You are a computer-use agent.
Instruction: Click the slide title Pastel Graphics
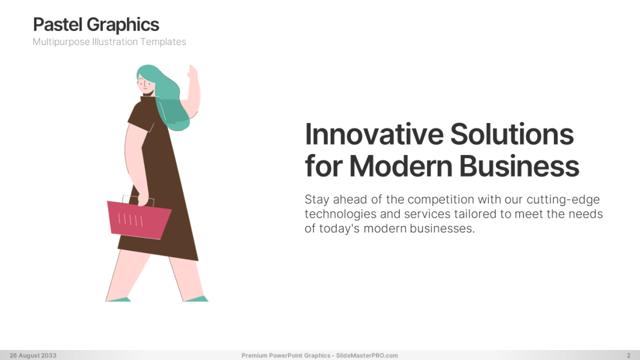point(96,25)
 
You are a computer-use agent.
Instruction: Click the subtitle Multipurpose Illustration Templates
point(109,42)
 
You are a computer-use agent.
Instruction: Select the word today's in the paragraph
point(338,228)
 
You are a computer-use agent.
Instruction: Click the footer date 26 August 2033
point(33,355)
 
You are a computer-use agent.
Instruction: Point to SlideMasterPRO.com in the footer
point(367,355)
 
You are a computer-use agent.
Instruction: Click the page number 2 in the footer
point(628,355)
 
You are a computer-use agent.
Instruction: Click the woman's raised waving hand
point(192,73)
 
